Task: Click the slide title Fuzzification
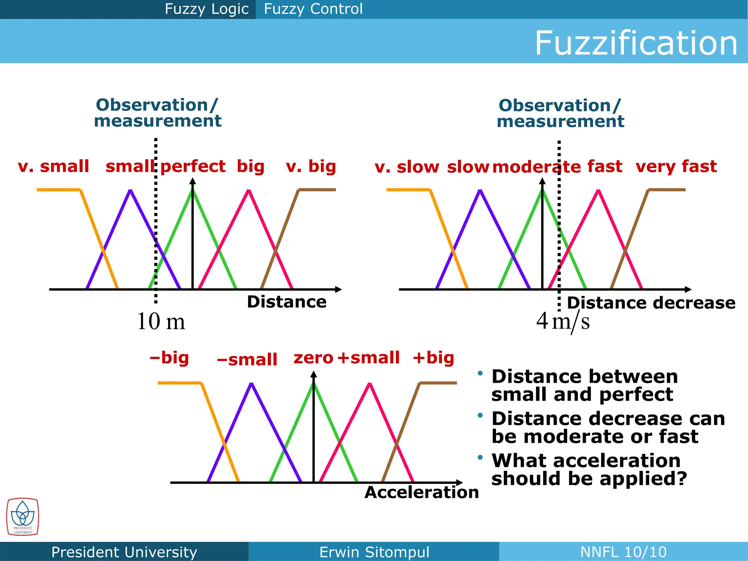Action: (636, 43)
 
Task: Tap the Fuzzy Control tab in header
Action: (313, 9)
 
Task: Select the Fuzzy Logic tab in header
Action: (206, 9)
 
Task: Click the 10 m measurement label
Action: (161, 322)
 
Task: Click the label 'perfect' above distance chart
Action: (193, 167)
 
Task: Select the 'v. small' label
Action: (53, 167)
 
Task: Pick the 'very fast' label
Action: (676, 167)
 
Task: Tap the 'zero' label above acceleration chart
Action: (313, 358)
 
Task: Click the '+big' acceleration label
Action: (433, 358)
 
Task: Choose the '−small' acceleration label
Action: (247, 360)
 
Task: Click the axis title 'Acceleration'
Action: (421, 492)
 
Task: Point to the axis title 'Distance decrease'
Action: (651, 303)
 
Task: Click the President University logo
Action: (22, 517)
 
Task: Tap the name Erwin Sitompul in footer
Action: (374, 552)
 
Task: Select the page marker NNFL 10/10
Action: (623, 552)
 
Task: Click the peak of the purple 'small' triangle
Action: (130, 190)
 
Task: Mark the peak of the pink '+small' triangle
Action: (370, 383)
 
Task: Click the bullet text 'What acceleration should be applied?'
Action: (589, 470)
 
